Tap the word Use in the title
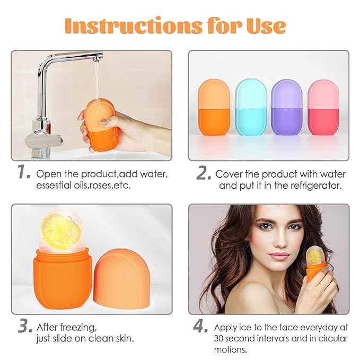coord(265,25)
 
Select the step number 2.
coord(204,173)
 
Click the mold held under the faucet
coord(99,126)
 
